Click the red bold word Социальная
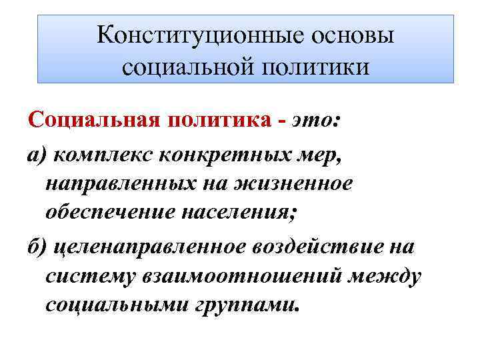89,123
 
